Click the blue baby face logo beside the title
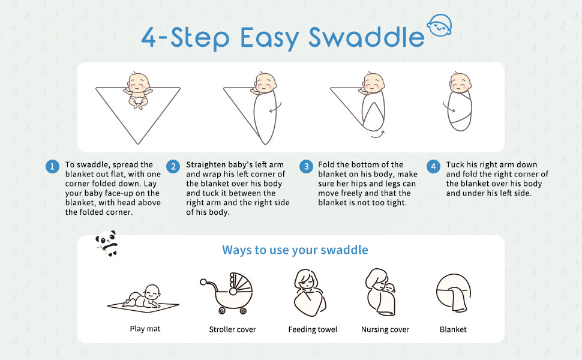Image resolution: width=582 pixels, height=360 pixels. pyautogui.click(x=439, y=25)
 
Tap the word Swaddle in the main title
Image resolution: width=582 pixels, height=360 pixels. pyautogui.click(x=367, y=37)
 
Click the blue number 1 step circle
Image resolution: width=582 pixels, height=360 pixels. pyautogui.click(x=52, y=166)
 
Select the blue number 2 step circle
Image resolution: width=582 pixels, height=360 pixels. pyautogui.click(x=173, y=166)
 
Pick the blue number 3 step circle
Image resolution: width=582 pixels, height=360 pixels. pyautogui.click(x=306, y=166)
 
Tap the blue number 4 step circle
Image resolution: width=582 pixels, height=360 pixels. pyautogui.click(x=433, y=166)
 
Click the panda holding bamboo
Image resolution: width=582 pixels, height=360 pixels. pyautogui.click(x=107, y=243)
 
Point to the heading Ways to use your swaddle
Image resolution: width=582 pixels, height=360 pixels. pyautogui.click(x=295, y=250)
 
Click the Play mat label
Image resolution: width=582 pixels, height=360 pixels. pyautogui.click(x=145, y=329)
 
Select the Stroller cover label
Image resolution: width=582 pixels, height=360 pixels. pyautogui.click(x=232, y=329)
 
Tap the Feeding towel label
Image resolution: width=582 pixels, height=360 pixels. pyautogui.click(x=313, y=329)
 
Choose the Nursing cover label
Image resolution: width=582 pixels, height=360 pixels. pyautogui.click(x=385, y=329)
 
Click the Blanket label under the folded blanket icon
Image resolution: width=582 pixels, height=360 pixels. pyautogui.click(x=453, y=329)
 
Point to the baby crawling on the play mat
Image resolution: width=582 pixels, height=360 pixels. pyautogui.click(x=143, y=297)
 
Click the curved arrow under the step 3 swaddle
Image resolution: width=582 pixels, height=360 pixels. pyautogui.click(x=378, y=135)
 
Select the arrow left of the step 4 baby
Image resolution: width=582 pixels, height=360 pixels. pyautogui.click(x=448, y=107)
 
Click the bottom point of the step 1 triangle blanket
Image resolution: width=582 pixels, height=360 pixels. pyautogui.click(x=138, y=144)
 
